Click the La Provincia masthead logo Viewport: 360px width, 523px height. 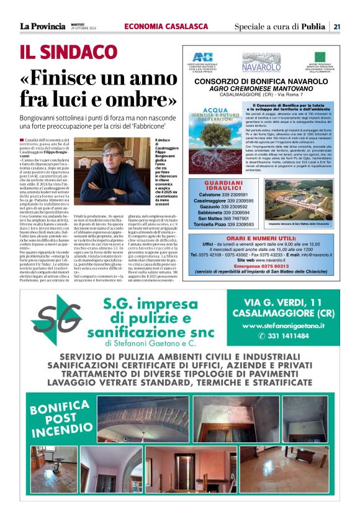pos(42,26)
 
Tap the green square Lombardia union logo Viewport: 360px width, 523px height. pos(320,57)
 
